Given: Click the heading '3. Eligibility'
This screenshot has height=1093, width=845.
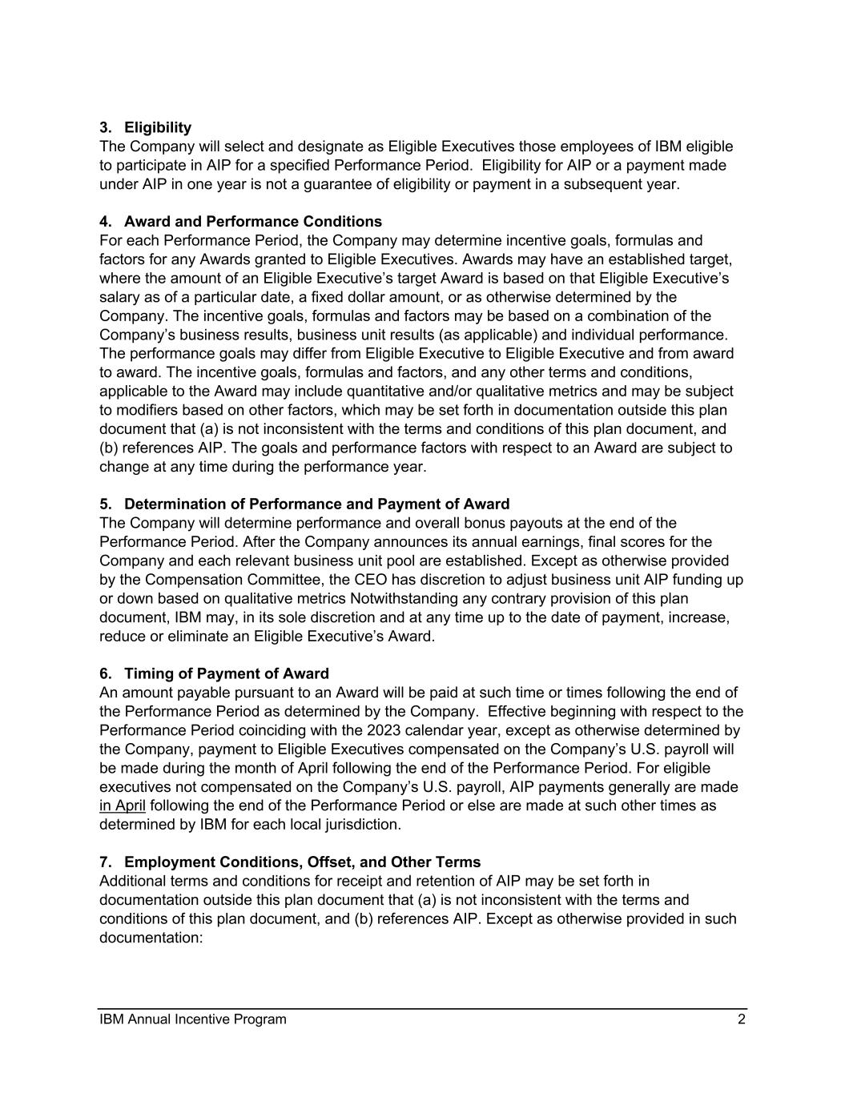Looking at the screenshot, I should (x=145, y=127).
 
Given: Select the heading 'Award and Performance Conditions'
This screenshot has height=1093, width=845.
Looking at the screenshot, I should (x=252, y=221).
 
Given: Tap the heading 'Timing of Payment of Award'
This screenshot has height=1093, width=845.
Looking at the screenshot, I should (x=226, y=673).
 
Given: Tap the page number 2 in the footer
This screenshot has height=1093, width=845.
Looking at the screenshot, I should (x=742, y=1019).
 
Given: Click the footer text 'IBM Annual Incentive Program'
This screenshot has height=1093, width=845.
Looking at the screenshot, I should (x=193, y=1019).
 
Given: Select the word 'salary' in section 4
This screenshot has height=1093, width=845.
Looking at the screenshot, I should (x=120, y=297).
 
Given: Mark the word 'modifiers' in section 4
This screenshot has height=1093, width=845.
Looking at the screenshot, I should (x=147, y=410).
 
